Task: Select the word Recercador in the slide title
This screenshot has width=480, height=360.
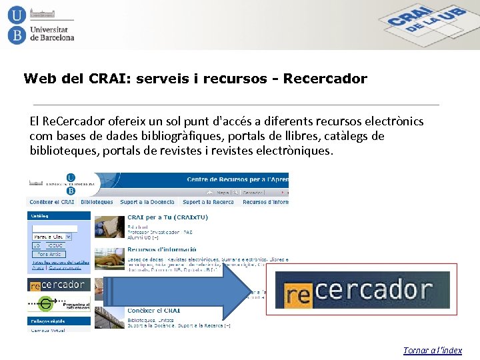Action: point(325,79)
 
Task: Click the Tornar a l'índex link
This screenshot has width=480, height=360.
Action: point(432,350)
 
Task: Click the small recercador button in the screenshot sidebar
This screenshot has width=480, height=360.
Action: point(57,285)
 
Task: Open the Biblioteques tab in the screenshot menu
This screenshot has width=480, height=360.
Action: point(97,202)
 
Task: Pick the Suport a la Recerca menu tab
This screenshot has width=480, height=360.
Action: point(208,202)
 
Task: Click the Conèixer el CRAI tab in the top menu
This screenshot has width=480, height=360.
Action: point(53,202)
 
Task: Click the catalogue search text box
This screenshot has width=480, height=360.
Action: point(55,228)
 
